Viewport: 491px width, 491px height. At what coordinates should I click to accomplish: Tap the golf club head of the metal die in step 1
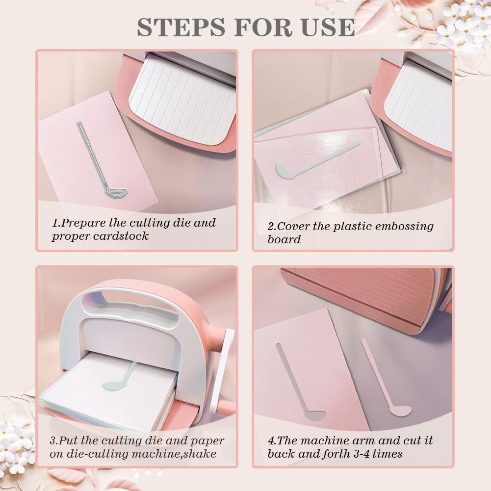coord(116,192)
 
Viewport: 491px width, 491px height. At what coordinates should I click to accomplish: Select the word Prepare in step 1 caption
coord(83,224)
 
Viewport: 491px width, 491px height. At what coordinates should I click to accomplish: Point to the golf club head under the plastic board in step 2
coord(285,171)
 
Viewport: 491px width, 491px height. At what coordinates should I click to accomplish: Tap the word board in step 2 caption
coord(284,239)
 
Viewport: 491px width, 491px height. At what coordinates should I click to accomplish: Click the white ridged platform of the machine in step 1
coord(183,100)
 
